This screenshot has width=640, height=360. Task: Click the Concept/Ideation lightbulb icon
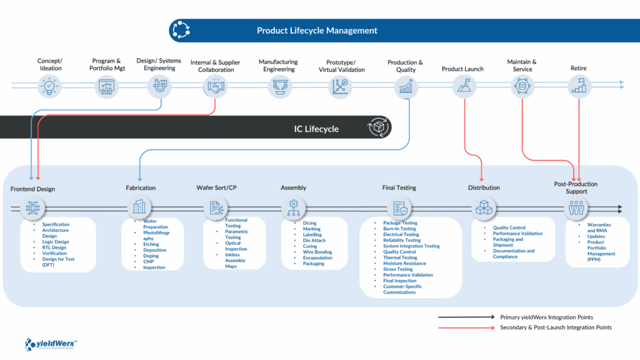[50, 87]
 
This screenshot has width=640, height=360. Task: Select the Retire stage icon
[579, 87]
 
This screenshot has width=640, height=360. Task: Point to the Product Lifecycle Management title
[317, 30]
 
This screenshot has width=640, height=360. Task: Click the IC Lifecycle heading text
[316, 129]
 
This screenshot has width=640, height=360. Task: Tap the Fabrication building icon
[139, 207]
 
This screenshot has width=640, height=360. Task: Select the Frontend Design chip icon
[32, 207]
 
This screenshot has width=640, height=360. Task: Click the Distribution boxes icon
[484, 207]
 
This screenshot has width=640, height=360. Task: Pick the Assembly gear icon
[294, 207]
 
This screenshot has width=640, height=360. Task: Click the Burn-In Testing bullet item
[399, 229]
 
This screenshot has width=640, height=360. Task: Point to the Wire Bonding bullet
[317, 252]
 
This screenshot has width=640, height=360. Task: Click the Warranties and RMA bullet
[600, 228]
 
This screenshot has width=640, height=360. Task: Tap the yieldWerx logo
[51, 343]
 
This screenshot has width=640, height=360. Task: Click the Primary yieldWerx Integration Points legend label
[546, 317]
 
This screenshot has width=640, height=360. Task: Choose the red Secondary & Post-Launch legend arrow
[466, 327]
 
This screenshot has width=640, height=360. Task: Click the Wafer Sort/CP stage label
[217, 187]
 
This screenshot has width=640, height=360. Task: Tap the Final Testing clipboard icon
[399, 207]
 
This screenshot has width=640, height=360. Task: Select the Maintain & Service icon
[522, 87]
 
